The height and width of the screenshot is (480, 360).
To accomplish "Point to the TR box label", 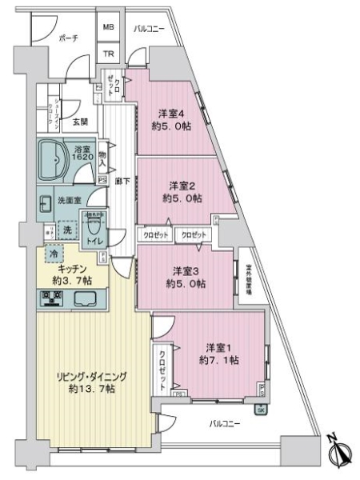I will [x=108, y=54].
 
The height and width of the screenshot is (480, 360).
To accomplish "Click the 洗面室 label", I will [x=68, y=200].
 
